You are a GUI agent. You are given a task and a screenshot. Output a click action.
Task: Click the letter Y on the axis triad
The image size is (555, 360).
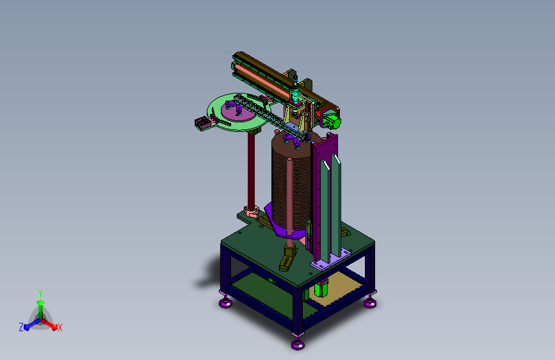click(x=40, y=293)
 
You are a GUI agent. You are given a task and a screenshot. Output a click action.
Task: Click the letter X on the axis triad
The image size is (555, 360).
click(x=60, y=327)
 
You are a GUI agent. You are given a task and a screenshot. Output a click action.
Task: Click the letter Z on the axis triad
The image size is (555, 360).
click(x=21, y=327)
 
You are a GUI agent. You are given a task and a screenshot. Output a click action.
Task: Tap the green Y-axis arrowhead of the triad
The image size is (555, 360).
click(x=40, y=303)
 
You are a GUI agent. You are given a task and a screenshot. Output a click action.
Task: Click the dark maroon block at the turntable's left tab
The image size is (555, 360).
click(x=202, y=122)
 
